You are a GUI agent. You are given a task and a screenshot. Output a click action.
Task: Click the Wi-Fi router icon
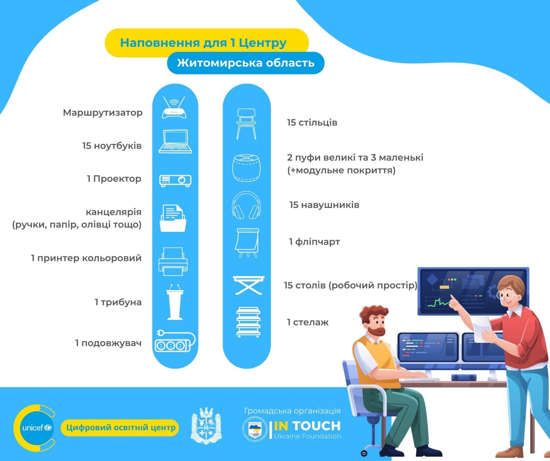pyautogui.click(x=174, y=107)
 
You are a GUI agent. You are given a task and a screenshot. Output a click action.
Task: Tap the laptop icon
pyautogui.click(x=175, y=141)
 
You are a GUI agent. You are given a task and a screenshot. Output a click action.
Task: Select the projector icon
pyautogui.click(x=175, y=181)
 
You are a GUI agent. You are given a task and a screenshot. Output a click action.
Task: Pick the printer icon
pyautogui.click(x=173, y=262)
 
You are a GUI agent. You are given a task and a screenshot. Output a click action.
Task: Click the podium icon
pyautogui.click(x=174, y=302)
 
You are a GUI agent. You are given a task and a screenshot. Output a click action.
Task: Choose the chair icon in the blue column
pyautogui.click(x=246, y=124)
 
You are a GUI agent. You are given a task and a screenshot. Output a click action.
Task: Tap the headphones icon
pyautogui.click(x=246, y=205)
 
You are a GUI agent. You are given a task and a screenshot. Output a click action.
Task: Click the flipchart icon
pyautogui.click(x=247, y=243)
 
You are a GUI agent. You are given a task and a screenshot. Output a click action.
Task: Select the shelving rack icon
pyautogui.click(x=248, y=322)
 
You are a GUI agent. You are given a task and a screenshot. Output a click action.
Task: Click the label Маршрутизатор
pyautogui.click(x=102, y=113)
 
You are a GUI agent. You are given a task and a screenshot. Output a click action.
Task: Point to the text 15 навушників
pyautogui.click(x=324, y=205)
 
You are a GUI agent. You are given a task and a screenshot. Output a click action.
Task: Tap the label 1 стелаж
pyautogui.click(x=308, y=322)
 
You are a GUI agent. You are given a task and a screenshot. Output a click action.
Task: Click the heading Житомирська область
pyautogui.click(x=245, y=63)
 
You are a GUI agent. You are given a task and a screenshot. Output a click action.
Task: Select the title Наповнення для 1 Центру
pyautogui.click(x=203, y=43)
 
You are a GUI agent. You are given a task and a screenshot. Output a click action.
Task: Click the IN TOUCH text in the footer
pyautogui.click(x=307, y=426)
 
